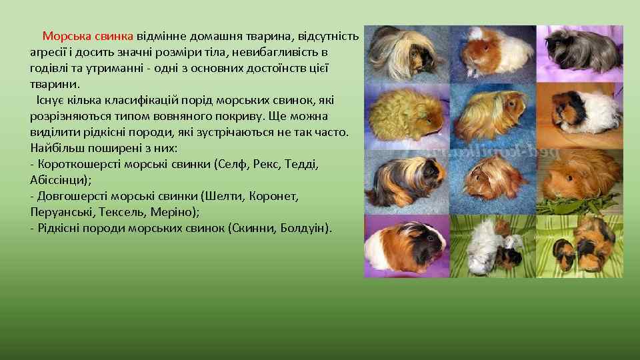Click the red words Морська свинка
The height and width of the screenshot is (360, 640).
pyautogui.click(x=88, y=35)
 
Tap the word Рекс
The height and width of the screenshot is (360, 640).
pyautogui.click(x=271, y=164)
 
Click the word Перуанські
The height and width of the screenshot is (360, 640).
pyautogui.click(x=61, y=213)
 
